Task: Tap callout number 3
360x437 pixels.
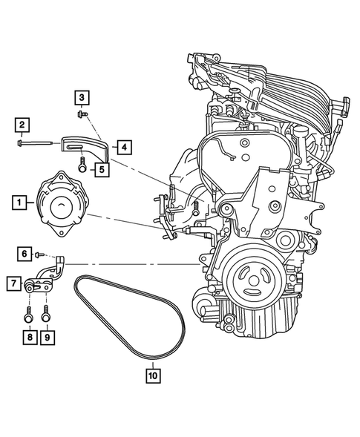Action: point(81,96)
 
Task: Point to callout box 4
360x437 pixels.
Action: point(124,147)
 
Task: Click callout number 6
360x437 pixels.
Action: point(24,254)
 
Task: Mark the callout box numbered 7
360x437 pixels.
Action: point(13,283)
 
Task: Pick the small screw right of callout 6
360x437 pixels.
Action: point(39,254)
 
